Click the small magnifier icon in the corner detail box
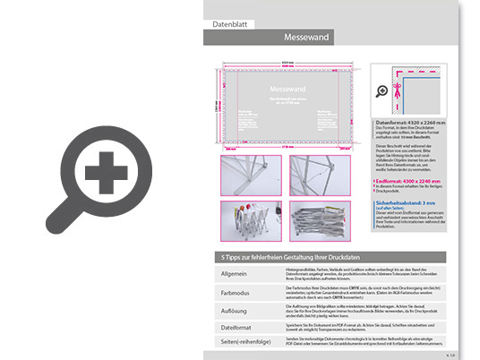pyautogui.click(x=382, y=90)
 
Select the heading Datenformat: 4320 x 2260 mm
pyautogui.click(x=414, y=120)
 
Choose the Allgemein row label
pyautogui.click(x=235, y=274)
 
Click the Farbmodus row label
pyautogui.click(x=236, y=293)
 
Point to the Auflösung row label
pyautogui.click(x=235, y=311)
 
